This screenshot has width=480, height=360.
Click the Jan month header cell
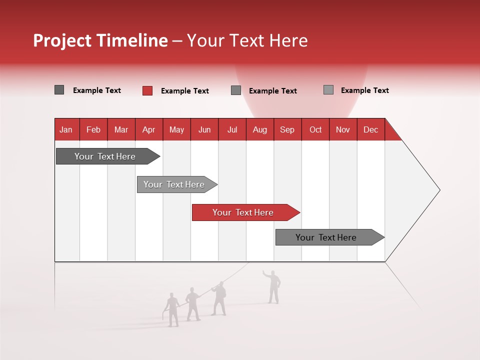click(66, 129)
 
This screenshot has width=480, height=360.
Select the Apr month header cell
click(148, 129)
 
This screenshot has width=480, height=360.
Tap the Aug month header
click(259, 129)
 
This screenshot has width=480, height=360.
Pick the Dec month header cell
click(370, 129)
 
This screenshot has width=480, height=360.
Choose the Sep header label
click(287, 129)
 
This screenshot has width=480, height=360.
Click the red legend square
click(147, 90)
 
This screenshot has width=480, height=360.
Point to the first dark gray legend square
click(59, 90)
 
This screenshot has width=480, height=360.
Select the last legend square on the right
click(328, 90)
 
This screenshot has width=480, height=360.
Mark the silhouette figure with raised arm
click(273, 287)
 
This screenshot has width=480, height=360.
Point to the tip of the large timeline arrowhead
click(439, 190)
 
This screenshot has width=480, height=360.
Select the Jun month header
click(204, 129)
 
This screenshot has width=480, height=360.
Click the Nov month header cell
click(342, 129)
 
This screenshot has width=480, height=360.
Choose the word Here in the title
click(288, 40)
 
